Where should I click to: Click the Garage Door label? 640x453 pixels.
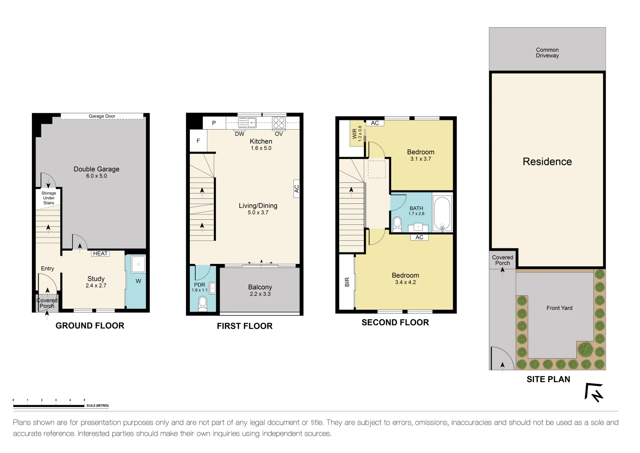[102, 116]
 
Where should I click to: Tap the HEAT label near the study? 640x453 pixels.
[100, 253]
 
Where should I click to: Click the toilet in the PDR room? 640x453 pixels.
[202, 303]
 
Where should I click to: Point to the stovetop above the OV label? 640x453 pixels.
[279, 123]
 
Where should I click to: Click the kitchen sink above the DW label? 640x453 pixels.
[247, 123]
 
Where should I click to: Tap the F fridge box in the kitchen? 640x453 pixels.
[198, 141]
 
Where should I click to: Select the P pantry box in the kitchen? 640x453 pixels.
[214, 123]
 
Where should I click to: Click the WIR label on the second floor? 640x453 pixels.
[355, 134]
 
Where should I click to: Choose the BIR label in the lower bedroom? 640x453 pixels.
[347, 282]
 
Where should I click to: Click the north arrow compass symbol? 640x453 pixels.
[594, 393]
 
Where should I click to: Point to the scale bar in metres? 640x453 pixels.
[49, 406]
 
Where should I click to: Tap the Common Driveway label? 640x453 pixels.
[547, 52]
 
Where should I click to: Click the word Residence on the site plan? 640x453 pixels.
[547, 161]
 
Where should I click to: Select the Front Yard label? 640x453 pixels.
[559, 308]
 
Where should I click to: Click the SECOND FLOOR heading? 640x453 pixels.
[395, 322]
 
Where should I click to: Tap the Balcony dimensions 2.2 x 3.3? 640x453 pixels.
[260, 294]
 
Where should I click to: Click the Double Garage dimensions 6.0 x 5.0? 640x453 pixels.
[96, 176]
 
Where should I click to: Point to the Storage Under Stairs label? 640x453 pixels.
[49, 198]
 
